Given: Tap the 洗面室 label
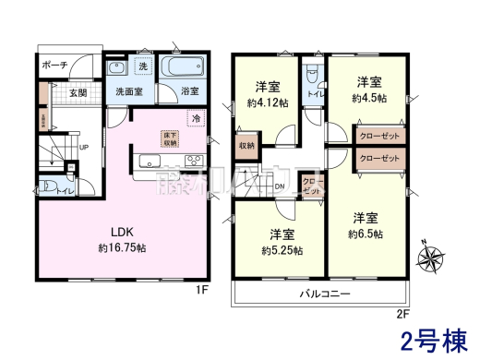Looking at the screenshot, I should pyautogui.click(x=127, y=92).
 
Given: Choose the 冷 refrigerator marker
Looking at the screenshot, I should pyautogui.click(x=195, y=118).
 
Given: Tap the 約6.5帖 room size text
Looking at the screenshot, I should pyautogui.click(x=366, y=233).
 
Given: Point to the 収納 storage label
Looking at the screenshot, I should pyautogui.click(x=247, y=146).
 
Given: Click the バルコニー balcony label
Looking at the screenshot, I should pyautogui.click(x=323, y=294).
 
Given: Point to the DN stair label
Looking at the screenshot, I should pyautogui.click(x=281, y=186).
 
